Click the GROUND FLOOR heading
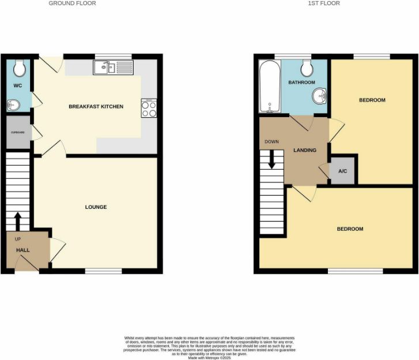(x=72, y=3)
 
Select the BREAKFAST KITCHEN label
(x=96, y=106)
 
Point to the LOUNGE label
(x=96, y=207)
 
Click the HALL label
(x=22, y=250)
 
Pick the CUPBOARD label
(x=18, y=132)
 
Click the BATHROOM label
(x=302, y=82)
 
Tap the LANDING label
(x=305, y=150)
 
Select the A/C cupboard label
(x=342, y=171)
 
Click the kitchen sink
(x=108, y=68)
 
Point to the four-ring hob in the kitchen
(x=149, y=108)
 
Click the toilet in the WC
(x=20, y=69)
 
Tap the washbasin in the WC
(x=14, y=105)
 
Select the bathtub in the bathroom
(x=269, y=88)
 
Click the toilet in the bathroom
(x=307, y=69)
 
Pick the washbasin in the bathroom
(x=319, y=96)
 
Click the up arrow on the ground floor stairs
(x=17, y=220)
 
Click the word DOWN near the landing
(x=272, y=141)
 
